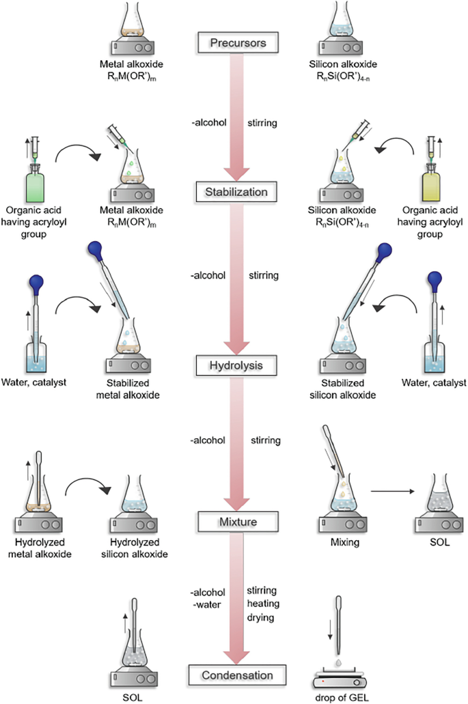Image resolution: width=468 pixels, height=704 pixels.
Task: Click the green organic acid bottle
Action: pyautogui.click(x=34, y=181)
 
